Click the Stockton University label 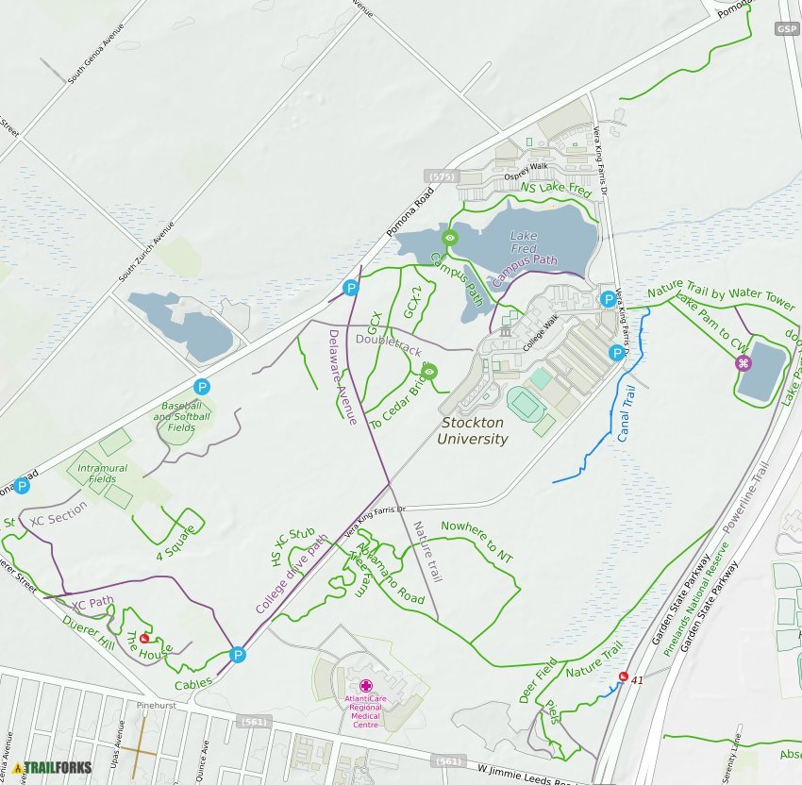[x=473, y=431]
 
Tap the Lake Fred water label [x=524, y=242]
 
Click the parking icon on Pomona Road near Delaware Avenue [x=351, y=288]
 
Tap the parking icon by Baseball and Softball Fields [x=201, y=387]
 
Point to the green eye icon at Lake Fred [x=450, y=238]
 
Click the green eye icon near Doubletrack [x=429, y=371]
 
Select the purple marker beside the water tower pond [x=744, y=363]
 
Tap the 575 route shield [x=442, y=176]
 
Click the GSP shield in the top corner [x=788, y=29]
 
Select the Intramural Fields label [x=97, y=473]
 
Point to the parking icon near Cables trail [x=238, y=654]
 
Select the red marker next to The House [x=144, y=638]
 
